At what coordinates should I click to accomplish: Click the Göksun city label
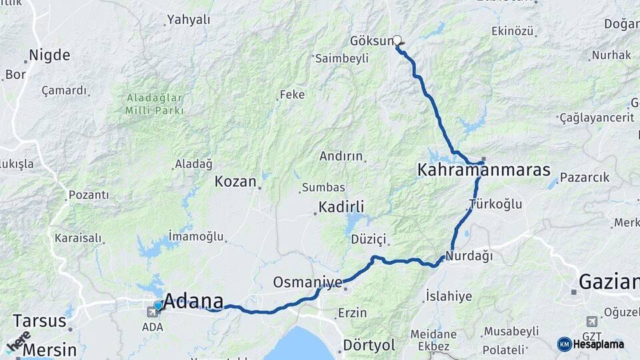371,41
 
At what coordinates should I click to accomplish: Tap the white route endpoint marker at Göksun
397,40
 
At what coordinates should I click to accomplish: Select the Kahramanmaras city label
483,169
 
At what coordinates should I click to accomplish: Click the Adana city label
193,301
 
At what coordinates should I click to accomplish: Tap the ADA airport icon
152,311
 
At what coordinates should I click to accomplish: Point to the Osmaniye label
307,283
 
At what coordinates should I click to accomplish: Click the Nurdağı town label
469,255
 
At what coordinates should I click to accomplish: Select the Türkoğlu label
495,204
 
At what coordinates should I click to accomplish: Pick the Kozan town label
235,181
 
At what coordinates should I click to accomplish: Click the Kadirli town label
341,206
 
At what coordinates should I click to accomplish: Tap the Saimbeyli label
341,59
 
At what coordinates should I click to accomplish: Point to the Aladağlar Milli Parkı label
154,104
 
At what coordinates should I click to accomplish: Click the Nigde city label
49,55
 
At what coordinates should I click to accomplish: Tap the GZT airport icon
591,322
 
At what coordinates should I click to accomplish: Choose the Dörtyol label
369,345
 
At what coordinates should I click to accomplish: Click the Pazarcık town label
584,177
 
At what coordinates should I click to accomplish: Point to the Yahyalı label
189,20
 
